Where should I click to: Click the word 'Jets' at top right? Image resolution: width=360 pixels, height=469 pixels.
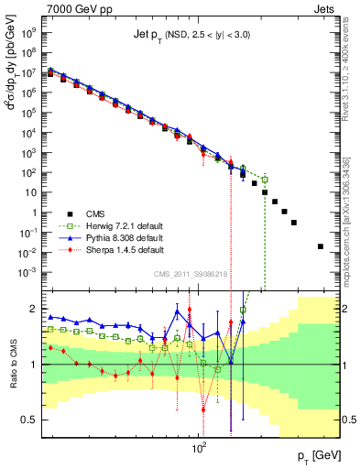pyautogui.click(x=324, y=8)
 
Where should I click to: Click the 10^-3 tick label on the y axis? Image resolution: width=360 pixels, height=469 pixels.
pyautogui.click(x=33, y=271)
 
